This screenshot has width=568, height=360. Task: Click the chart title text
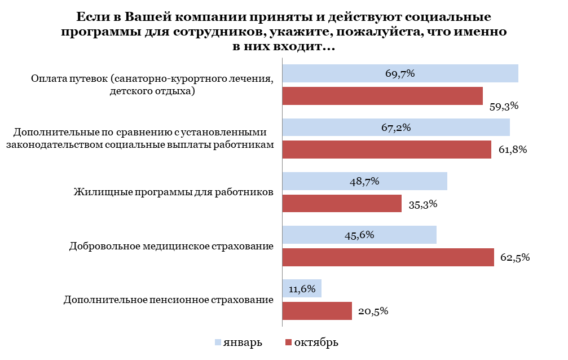284,32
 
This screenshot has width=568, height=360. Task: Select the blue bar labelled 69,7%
400,73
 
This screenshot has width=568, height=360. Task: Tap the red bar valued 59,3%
382,96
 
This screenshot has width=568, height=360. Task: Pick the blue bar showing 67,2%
395,128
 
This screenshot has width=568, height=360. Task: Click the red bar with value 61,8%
386,150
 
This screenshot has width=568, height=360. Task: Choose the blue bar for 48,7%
364,181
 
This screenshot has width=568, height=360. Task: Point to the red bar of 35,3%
342,204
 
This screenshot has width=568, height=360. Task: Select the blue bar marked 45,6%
359,235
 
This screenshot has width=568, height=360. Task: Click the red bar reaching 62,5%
388,257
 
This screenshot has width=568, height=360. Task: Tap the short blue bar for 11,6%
302,288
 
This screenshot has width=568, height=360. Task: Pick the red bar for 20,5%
317,311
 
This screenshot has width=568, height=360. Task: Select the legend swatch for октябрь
289,343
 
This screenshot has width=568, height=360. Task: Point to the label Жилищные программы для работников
174,192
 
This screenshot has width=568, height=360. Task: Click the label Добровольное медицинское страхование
171,247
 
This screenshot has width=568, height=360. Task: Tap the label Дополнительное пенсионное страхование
169,300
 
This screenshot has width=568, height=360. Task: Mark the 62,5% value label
515,258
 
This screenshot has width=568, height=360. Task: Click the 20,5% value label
373,311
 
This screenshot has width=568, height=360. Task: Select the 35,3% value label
423,204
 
